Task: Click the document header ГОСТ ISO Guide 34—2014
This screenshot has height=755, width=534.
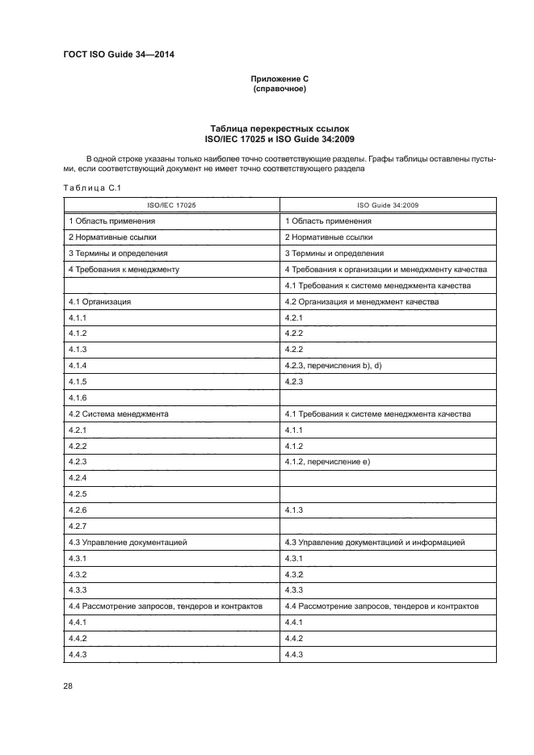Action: click(x=119, y=54)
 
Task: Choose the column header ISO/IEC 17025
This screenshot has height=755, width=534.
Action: click(x=171, y=205)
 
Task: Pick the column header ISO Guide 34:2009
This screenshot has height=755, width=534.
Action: click(x=389, y=205)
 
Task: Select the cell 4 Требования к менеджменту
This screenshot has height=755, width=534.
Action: click(x=124, y=269)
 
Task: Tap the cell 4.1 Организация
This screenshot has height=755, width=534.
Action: click(x=100, y=301)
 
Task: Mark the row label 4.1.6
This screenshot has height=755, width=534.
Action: click(x=78, y=397)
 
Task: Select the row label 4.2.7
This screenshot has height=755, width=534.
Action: click(x=78, y=526)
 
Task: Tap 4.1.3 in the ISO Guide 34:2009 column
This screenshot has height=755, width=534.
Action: click(x=294, y=510)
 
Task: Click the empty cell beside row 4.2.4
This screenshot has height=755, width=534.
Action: click(x=389, y=478)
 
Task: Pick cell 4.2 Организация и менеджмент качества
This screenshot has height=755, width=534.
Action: click(x=362, y=301)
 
